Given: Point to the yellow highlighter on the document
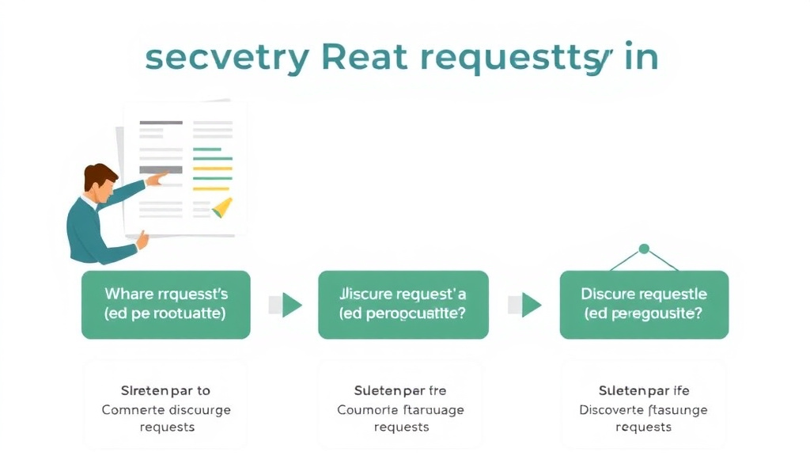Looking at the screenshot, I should [222, 207].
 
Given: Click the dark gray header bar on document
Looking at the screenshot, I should [161, 123].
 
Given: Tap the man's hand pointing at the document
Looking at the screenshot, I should [157, 179].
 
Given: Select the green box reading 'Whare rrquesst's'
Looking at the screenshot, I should [165, 304].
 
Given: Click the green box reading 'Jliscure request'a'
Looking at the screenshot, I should [403, 304].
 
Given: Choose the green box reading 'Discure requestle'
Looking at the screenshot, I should [644, 304].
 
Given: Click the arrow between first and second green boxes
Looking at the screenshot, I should [290, 304].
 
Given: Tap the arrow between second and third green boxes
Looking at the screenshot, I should [529, 304].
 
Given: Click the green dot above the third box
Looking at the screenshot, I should [644, 249].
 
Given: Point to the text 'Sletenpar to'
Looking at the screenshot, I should [165, 391].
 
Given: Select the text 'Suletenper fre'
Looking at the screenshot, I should [401, 391].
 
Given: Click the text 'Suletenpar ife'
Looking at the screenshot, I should [643, 391].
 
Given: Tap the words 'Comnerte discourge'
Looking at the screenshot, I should [166, 409].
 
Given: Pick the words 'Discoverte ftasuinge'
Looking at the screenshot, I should [643, 409].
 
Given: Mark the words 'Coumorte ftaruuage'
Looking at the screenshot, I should [401, 409].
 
